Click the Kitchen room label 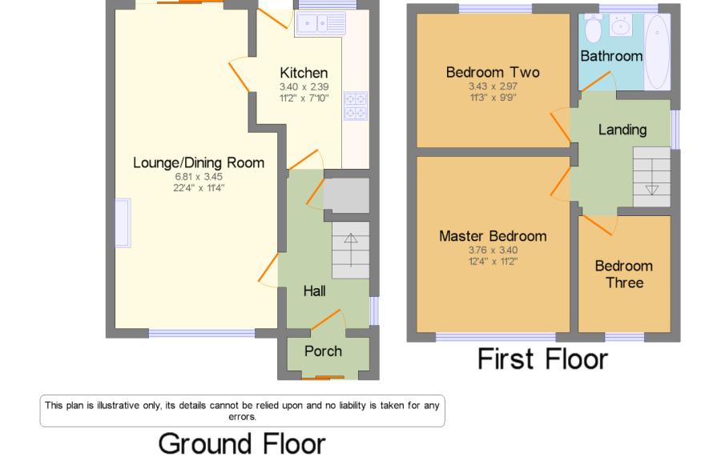(x=304, y=73)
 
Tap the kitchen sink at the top (x=321, y=23)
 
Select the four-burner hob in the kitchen (x=356, y=106)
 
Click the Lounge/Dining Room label (x=199, y=162)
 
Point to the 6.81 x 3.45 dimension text (x=199, y=176)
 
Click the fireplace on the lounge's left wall (x=123, y=223)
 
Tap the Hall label (x=315, y=291)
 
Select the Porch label (x=323, y=351)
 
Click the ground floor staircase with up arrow (x=351, y=251)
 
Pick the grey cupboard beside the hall (x=347, y=195)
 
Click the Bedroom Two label (x=493, y=72)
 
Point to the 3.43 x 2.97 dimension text (x=493, y=86)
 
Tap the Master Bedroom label (x=493, y=236)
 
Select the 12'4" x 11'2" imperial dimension (x=493, y=261)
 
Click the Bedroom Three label (x=624, y=275)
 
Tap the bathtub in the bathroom (x=657, y=52)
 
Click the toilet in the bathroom (x=593, y=28)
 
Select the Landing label (x=622, y=130)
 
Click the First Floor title (x=542, y=359)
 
